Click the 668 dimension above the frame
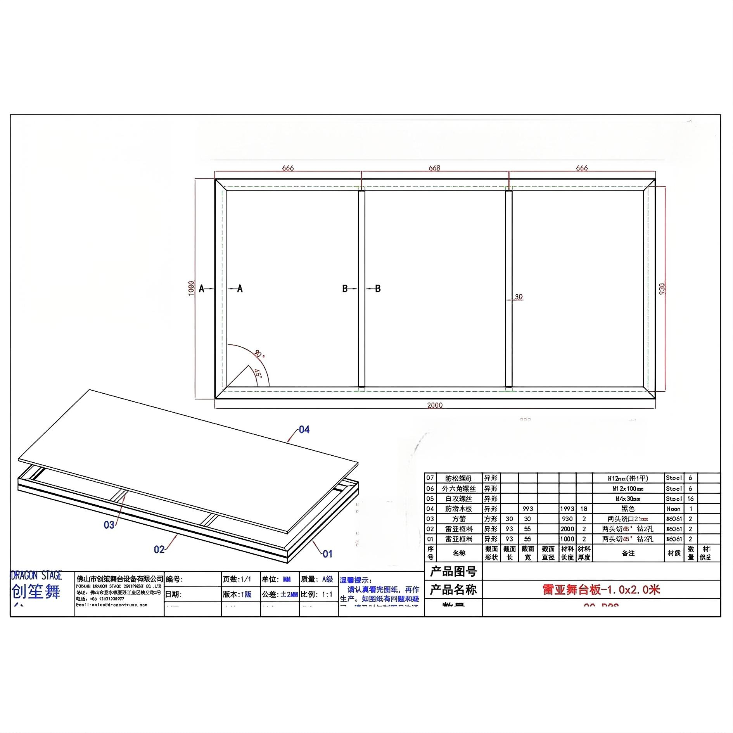(434, 168)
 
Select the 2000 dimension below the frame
(435, 405)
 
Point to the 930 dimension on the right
(662, 289)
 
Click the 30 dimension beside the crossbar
(519, 297)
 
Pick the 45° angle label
(258, 373)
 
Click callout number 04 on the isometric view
(304, 430)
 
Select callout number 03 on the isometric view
(109, 525)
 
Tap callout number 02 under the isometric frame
(159, 549)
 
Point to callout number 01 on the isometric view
(328, 554)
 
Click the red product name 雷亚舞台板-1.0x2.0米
(601, 590)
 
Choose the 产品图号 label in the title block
(453, 571)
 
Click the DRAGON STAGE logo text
(36, 576)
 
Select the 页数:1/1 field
(237, 579)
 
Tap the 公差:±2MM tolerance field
(280, 595)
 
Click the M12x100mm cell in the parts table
(628, 489)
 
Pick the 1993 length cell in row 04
(567, 509)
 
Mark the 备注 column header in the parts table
(628, 553)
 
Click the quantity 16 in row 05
(690, 499)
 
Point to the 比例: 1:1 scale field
(317, 595)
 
